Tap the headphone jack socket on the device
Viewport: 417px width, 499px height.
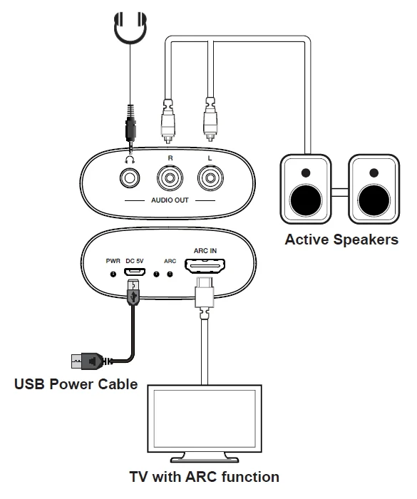pyautogui.click(x=130, y=178)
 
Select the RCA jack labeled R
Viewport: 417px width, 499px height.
pyautogui.click(x=170, y=178)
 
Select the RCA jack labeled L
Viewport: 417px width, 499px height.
pyautogui.click(x=210, y=178)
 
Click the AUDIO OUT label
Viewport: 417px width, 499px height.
pyautogui.click(x=170, y=200)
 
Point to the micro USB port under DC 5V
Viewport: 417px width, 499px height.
pyautogui.click(x=135, y=272)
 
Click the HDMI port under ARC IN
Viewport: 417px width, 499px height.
pyautogui.click(x=205, y=266)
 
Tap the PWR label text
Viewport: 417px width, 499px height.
pyautogui.click(x=113, y=261)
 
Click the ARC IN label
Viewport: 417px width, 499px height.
pyautogui.click(x=205, y=251)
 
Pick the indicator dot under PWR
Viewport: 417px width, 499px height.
pyautogui.click(x=113, y=274)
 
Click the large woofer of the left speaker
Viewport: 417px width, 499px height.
pyautogui.click(x=306, y=200)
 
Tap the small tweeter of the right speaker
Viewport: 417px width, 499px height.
pyautogui.click(x=374, y=173)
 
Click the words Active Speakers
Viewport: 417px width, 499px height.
pyautogui.click(x=341, y=240)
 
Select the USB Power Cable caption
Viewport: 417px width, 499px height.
pyautogui.click(x=76, y=384)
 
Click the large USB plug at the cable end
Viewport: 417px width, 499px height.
pyautogui.click(x=86, y=361)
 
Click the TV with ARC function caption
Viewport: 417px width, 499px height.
pyautogui.click(x=205, y=477)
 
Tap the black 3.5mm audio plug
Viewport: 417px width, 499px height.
pyautogui.click(x=130, y=128)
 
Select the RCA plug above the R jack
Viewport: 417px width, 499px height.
pyautogui.click(x=168, y=121)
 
